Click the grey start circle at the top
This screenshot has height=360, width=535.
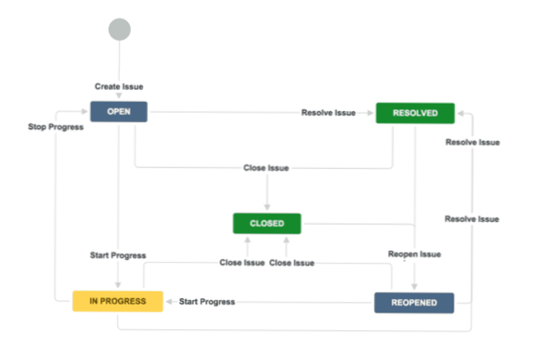119,29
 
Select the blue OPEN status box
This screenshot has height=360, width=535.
118,113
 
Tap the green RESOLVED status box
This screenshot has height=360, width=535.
414,113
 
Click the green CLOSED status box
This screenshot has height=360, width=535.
266,223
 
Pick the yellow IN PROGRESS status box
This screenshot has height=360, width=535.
117,301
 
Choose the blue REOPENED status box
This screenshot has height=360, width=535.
413,302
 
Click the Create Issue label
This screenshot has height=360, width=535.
119,86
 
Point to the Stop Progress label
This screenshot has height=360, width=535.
55,127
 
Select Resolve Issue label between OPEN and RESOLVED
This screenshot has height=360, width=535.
328,113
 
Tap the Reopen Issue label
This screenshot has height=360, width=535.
414,254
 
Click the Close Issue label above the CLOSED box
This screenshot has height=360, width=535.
266,168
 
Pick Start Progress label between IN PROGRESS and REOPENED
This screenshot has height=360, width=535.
206,301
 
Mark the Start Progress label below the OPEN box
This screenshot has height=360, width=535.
118,255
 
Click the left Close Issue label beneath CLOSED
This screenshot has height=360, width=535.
243,263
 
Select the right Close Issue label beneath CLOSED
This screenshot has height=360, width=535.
292,263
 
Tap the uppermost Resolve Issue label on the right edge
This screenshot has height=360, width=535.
471,142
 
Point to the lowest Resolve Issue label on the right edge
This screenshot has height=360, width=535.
471,219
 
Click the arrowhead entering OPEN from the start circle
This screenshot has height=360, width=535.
119,99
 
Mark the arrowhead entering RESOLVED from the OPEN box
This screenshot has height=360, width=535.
372,113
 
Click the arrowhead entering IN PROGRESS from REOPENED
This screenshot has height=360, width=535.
168,301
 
